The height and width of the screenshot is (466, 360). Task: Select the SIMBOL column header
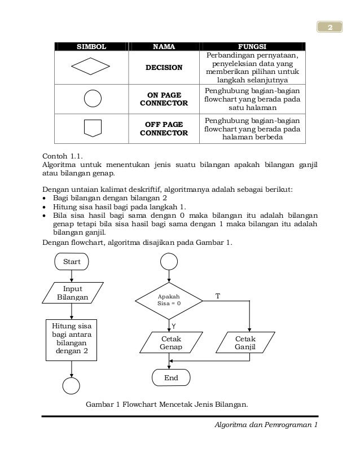tap(91, 46)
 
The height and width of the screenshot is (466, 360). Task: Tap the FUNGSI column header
tap(252, 46)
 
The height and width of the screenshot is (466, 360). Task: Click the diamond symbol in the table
tap(92, 68)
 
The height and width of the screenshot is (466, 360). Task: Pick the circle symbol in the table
tap(92, 98)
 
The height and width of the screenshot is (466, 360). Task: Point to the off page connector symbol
tap(92, 128)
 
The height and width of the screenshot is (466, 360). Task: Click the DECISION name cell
tap(164, 68)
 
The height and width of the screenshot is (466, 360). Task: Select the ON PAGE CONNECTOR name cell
tap(164, 99)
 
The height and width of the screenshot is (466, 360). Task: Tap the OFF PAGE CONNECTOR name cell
tap(164, 128)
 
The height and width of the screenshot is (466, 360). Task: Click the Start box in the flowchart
tap(72, 261)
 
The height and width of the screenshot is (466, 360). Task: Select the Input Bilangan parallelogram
tap(72, 292)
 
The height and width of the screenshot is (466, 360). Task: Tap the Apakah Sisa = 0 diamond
tap(169, 300)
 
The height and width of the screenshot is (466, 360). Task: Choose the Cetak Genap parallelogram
tap(169, 342)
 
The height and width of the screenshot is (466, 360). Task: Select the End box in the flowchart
tap(171, 377)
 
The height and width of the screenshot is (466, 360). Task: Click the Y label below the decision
tap(174, 326)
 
